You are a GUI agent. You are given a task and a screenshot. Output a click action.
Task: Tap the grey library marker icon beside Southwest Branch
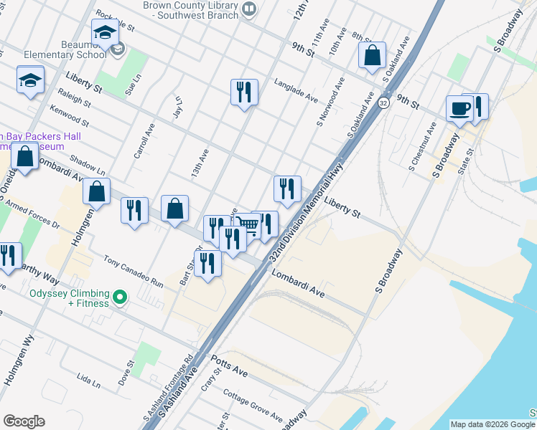[x=249, y=9]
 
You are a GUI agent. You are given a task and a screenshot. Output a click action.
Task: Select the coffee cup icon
[x=459, y=108]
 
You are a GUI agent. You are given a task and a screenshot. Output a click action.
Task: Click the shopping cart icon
[x=248, y=225]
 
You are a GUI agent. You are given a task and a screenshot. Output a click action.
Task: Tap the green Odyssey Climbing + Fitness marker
[x=120, y=296]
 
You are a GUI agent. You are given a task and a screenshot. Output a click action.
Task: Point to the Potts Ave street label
[x=228, y=366]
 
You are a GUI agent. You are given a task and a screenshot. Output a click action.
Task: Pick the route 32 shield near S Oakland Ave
[x=385, y=104]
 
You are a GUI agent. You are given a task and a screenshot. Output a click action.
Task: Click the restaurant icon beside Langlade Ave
[x=244, y=92]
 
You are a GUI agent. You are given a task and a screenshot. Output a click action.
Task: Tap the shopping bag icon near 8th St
[x=373, y=54]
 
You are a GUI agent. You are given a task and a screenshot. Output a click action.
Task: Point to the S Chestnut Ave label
[x=421, y=147]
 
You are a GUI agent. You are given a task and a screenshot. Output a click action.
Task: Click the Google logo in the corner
[x=24, y=421]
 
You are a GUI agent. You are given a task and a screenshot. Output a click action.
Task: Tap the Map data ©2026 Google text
[x=492, y=424]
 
